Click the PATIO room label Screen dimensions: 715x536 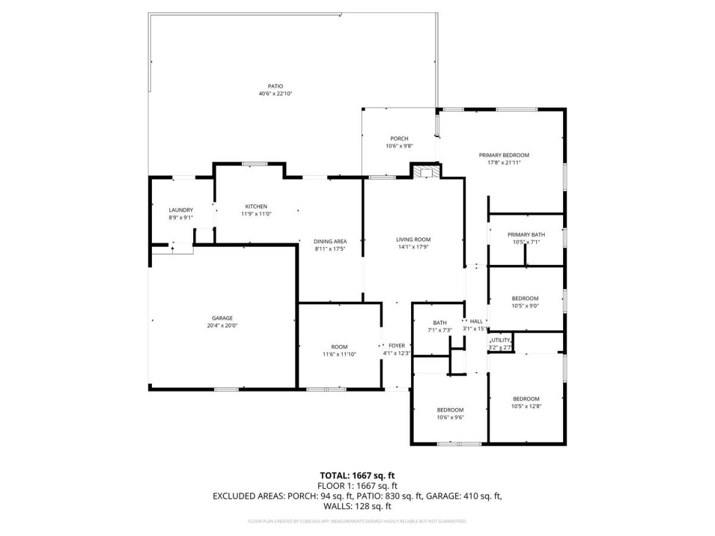tap(275, 86)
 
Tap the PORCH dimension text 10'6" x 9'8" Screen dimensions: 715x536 tap(399, 146)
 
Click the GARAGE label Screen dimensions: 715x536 tap(222, 318)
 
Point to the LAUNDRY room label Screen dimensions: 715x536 tap(181, 210)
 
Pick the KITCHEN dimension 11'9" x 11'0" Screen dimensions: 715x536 tap(256, 214)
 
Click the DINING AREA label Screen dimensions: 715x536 tap(330, 241)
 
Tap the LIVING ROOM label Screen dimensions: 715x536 tap(414, 239)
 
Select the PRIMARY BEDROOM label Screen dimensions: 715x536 tap(504, 155)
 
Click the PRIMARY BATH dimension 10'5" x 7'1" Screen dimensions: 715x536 tap(526, 242)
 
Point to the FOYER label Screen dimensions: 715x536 tap(396, 345)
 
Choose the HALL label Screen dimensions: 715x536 tap(476, 321)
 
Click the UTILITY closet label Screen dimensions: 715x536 tap(500, 340)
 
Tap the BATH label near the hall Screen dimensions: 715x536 tap(440, 323)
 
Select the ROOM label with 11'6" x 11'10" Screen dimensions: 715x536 tap(339, 347)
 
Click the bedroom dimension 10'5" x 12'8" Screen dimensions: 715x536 tap(526, 406)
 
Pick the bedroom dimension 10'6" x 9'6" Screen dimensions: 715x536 tap(450, 417)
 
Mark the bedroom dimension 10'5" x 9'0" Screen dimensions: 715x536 tap(525, 306)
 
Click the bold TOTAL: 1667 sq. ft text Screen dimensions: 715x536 tap(357, 475)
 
